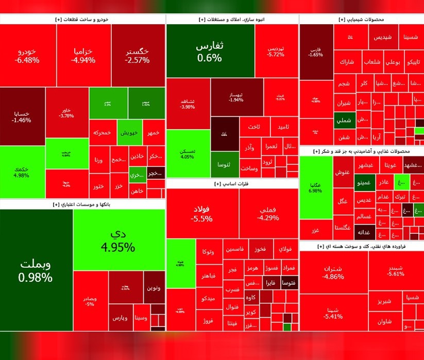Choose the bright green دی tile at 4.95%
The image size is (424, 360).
(118, 240)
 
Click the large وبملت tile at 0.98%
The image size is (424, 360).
(36, 270)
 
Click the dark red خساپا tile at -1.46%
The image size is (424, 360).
(22, 116)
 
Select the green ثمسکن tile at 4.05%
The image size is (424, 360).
(188, 153)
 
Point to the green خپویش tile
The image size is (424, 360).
(129, 133)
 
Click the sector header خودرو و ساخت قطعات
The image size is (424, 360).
(82, 19)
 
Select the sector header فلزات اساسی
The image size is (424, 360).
(232, 183)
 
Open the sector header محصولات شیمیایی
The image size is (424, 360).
(361, 19)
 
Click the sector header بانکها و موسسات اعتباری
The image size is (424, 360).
(82, 204)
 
